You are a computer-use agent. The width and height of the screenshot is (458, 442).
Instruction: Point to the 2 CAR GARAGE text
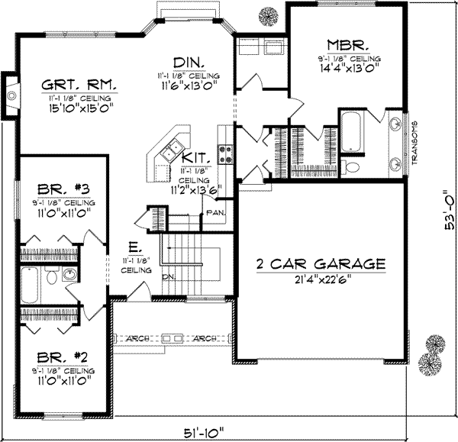point(320,264)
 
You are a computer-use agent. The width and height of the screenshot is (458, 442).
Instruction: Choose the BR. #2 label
point(54,357)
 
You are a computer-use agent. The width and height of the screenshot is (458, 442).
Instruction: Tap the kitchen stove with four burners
point(226,155)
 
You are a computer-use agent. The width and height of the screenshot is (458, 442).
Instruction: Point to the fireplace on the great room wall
point(9,95)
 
